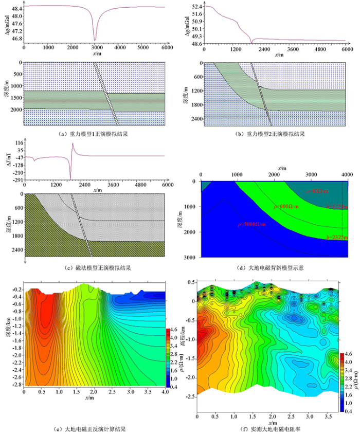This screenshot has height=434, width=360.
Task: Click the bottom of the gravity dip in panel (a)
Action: click(x=95, y=40)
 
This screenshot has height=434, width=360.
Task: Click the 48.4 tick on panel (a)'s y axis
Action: click(x=16, y=9)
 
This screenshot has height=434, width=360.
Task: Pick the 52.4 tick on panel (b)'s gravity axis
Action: click(x=195, y=7)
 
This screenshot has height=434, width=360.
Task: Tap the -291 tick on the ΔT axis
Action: click(x=16, y=180)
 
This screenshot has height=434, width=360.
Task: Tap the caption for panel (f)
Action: click(x=273, y=428)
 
